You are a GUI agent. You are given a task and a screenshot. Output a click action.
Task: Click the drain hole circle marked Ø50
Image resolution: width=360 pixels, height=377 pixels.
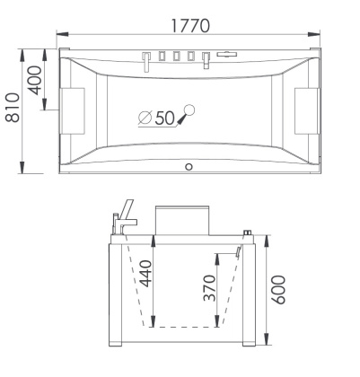[x=188, y=111]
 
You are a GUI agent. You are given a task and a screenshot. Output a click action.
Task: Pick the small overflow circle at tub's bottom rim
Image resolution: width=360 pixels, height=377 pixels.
[x=189, y=167]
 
